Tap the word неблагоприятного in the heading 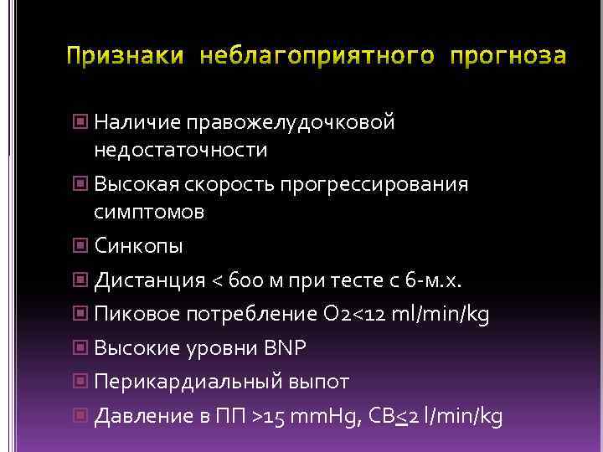pos(317,57)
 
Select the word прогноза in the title pos(508,57)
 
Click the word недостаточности pos(181,151)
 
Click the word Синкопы pos(139,247)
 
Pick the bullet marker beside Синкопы pos(80,246)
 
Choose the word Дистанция pos(150,280)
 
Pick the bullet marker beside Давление pos(80,416)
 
